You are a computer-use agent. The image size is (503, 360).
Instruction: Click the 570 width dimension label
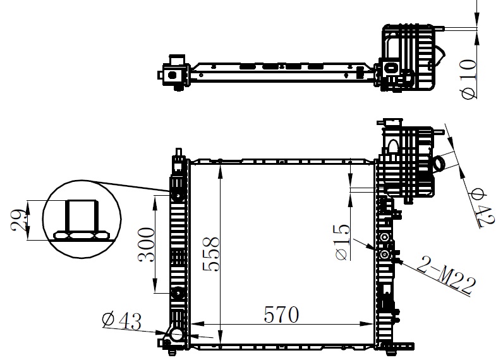tap(281, 315)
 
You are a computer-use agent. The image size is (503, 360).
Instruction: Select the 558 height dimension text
tap(212, 254)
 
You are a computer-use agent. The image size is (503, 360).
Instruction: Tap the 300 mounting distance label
tap(146, 244)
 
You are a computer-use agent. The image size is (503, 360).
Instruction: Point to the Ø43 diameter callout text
tap(121, 321)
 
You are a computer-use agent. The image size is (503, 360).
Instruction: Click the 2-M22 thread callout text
tap(447, 275)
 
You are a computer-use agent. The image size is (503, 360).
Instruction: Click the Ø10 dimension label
tap(469, 79)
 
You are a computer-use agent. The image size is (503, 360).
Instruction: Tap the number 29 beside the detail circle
tap(18, 220)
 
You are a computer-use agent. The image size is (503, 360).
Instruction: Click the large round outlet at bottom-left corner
tap(176, 335)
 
